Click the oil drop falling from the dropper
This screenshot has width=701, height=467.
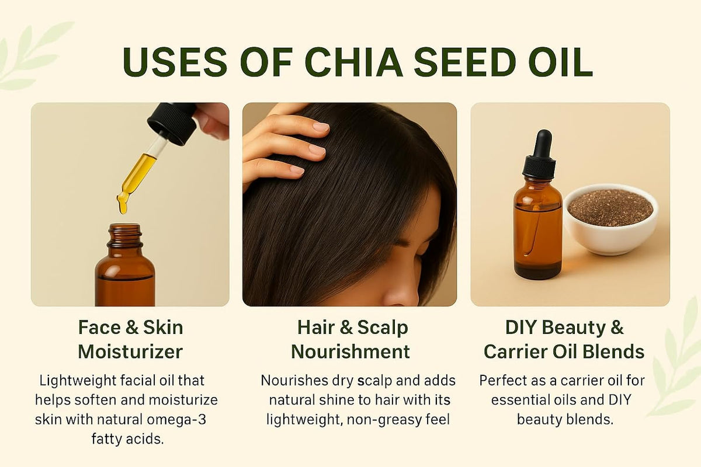pos(122,204)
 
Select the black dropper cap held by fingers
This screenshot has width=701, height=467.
pos(172,121)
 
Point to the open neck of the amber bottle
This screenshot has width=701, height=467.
pos(125,231)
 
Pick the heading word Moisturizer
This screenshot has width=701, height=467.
pos(130,351)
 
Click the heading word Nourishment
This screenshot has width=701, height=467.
pos(350,351)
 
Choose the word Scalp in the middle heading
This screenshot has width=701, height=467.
pos(381,327)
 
